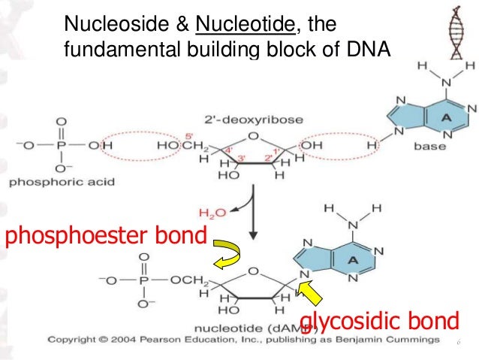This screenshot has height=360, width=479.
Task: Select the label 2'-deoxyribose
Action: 248,119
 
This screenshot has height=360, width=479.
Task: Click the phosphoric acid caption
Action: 58,181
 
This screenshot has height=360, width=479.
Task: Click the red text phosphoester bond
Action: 105,237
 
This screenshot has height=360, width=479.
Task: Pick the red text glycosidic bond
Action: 378,322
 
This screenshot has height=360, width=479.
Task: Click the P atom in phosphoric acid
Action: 62,144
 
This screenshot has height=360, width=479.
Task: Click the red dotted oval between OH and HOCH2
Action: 137,145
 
